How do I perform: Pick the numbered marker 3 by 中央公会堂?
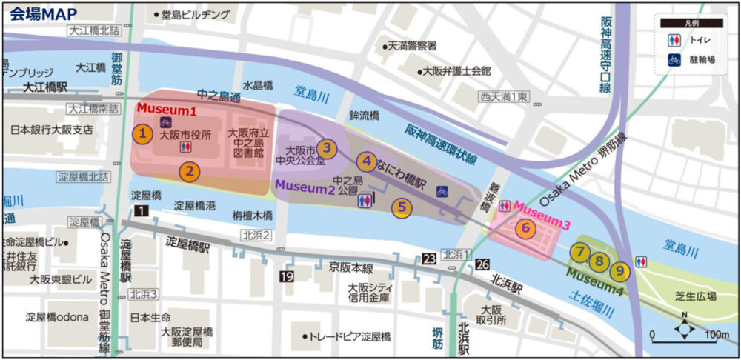tap(328, 147)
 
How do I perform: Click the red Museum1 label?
tap(170, 110)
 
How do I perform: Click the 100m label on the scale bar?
tap(717, 335)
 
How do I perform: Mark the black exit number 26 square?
tap(482, 264)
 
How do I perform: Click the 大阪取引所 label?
tap(493, 314)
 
